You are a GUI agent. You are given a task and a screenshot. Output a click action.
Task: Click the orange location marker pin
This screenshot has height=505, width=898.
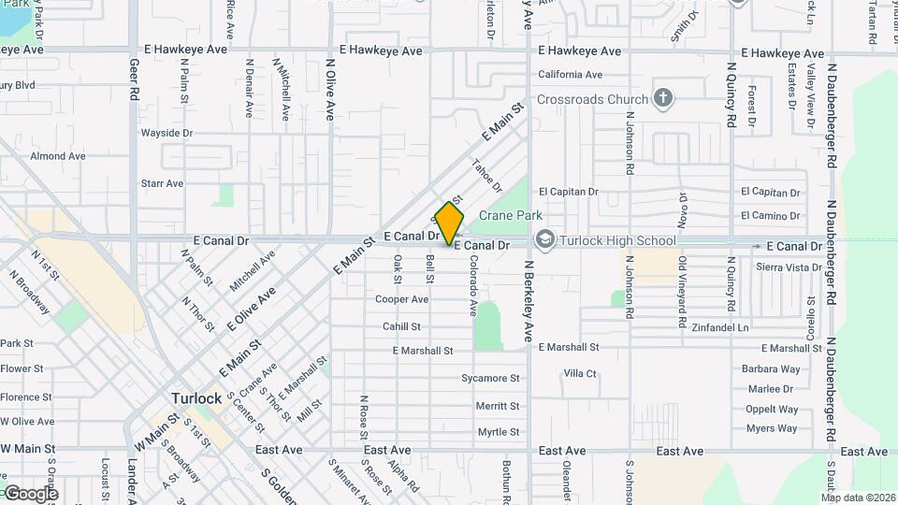coord(449,224)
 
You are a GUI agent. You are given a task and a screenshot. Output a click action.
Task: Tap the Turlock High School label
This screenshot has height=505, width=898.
coord(616,240)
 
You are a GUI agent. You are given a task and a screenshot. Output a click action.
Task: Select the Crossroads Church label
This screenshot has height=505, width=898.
coord(592,99)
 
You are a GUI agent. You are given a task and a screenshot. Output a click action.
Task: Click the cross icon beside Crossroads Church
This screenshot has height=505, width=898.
coord(662,98)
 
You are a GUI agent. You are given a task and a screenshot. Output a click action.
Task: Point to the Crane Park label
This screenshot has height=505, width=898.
coord(511,215)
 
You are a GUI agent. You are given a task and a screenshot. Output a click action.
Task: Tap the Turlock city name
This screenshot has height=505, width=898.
coord(196,398)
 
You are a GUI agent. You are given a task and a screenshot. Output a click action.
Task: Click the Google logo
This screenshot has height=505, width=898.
coord(30,493)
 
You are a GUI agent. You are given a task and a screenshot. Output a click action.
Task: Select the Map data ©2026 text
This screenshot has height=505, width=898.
coord(858,498)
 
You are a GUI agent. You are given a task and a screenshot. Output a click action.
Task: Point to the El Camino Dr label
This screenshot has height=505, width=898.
coord(770,216)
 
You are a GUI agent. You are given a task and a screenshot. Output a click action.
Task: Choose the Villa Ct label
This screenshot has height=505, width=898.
coord(580,373)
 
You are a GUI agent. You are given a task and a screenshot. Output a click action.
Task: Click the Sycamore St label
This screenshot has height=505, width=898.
coord(490,379)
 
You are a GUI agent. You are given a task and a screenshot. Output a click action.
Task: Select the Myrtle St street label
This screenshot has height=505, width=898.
coord(498,432)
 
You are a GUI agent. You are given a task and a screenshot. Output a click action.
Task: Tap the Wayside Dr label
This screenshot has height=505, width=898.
coord(167,133)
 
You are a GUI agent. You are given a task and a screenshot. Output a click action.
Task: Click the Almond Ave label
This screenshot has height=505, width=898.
coord(58,156)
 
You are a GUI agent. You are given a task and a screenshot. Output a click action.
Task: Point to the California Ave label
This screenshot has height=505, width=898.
coord(570,75)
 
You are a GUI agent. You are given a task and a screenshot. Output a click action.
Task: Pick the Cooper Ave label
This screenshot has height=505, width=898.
coord(401,299)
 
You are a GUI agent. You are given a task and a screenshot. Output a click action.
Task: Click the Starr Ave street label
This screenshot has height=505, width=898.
coord(162,183)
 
